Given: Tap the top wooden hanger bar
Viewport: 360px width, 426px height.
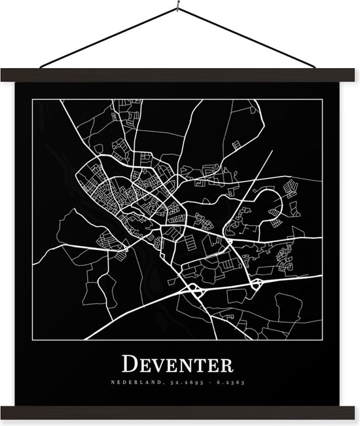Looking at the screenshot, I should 180,75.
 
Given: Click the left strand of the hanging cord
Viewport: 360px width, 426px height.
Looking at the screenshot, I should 108,39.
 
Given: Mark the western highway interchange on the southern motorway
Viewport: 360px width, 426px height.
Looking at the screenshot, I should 194,290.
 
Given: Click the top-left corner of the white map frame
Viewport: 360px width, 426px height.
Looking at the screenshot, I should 34,99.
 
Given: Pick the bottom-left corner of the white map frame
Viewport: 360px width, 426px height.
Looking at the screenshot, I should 34,340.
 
